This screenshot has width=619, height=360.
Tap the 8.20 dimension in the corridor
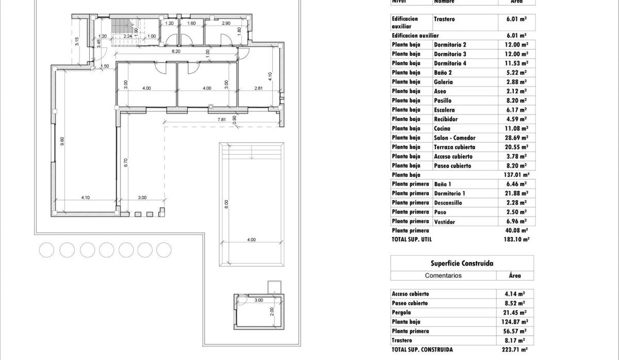176,52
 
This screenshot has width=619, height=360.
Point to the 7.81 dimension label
221,120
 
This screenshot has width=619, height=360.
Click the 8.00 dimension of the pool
225,204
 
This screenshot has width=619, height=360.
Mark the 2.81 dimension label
259,88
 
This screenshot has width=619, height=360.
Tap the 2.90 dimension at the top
226,23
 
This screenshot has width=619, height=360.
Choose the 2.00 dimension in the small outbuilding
272,311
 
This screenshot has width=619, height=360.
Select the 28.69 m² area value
516,138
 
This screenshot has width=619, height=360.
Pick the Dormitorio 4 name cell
450,63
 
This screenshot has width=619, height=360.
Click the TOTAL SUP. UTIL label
412,240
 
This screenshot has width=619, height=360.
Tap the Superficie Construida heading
462,263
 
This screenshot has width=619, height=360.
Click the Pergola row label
402,313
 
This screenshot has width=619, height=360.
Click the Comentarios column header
443,275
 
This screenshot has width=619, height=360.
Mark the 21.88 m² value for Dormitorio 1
516,193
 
